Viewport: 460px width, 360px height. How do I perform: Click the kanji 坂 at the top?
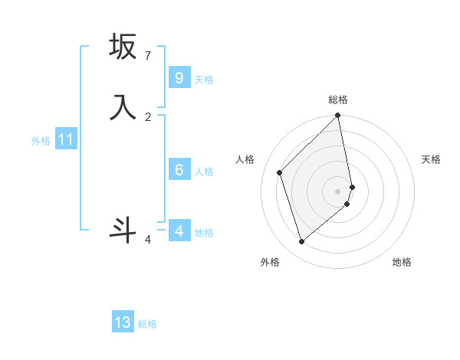[x=123, y=47]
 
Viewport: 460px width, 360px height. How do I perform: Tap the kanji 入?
[x=123, y=106]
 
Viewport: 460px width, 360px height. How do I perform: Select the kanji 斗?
[x=123, y=230]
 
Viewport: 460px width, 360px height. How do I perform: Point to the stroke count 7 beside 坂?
[x=147, y=55]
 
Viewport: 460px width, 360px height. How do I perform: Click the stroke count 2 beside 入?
[x=148, y=116]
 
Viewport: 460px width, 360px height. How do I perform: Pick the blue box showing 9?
[x=179, y=78]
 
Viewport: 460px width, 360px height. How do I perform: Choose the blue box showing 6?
[x=179, y=170]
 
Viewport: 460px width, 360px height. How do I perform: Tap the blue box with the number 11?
[x=66, y=139]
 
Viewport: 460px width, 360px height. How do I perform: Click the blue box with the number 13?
[x=123, y=322]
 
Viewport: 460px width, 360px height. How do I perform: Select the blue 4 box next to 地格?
[x=179, y=231]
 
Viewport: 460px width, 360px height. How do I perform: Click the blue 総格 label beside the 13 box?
[x=147, y=324]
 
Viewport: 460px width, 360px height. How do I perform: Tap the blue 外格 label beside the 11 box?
[x=41, y=141]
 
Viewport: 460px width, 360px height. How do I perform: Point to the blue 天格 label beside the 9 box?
[x=204, y=80]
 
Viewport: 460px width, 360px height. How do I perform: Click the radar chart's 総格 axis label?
[x=338, y=100]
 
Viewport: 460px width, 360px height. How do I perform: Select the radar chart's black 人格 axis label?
[x=245, y=159]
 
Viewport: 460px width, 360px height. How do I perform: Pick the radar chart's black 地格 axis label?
[x=402, y=262]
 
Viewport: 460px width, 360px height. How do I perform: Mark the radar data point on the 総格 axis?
[x=338, y=116]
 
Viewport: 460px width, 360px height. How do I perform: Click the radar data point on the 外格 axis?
[x=301, y=241]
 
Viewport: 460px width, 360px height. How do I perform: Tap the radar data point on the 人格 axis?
[x=280, y=172]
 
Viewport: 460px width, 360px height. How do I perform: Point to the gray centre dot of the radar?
[x=338, y=191]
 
